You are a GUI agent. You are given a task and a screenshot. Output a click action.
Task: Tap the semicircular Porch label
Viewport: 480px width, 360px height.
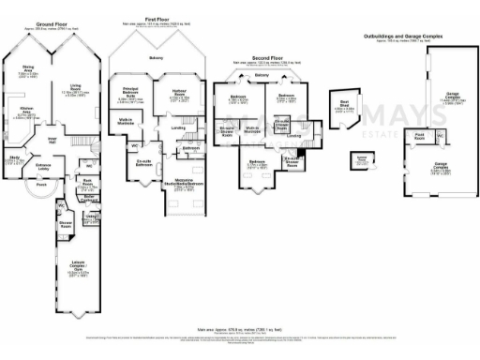41,185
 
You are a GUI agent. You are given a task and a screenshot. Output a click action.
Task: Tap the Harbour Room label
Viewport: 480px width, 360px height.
182,92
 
